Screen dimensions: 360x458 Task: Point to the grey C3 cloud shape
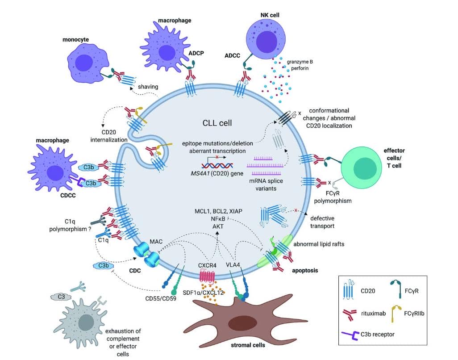click(x=59, y=296)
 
